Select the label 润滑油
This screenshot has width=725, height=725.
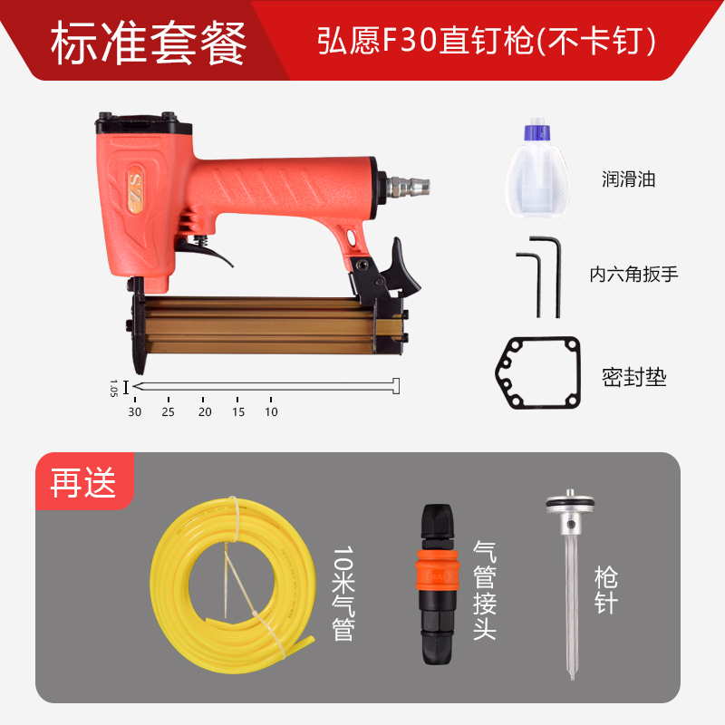coord(628,179)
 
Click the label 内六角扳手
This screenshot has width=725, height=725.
coord(633,273)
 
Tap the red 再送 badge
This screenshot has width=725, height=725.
coord(83,482)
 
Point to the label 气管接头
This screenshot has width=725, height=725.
coord(485,589)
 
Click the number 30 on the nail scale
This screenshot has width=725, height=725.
coord(135,411)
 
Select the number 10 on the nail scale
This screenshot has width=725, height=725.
coord(271,411)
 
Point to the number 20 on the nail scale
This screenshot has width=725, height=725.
coord(205,411)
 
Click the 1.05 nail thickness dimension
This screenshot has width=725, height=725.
coord(114,388)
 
